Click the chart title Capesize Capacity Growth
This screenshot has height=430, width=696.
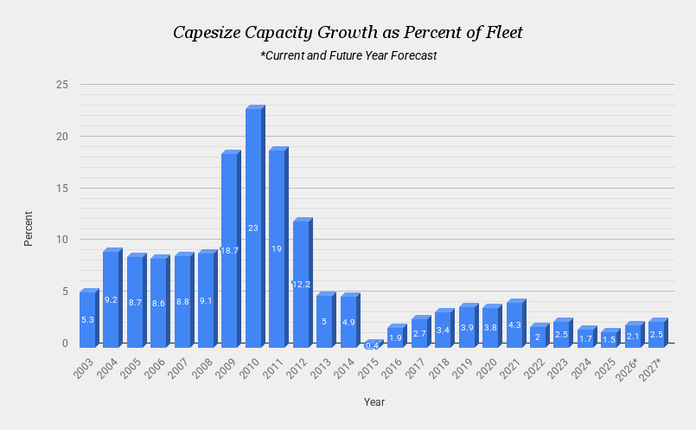(348, 33)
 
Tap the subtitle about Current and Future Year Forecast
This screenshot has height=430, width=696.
(348, 55)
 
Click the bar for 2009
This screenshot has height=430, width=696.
(229, 250)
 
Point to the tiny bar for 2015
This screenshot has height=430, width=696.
(371, 344)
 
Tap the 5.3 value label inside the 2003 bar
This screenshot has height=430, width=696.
(87, 321)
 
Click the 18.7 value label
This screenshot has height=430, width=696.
(229, 251)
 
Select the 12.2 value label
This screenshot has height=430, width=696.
(300, 285)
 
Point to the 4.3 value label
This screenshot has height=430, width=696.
(514, 325)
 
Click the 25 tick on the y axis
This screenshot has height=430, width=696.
(61, 85)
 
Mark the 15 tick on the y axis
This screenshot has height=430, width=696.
(61, 188)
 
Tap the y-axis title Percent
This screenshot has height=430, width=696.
(29, 228)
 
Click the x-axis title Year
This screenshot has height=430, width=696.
(374, 402)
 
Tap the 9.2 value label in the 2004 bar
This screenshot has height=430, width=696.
(111, 300)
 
